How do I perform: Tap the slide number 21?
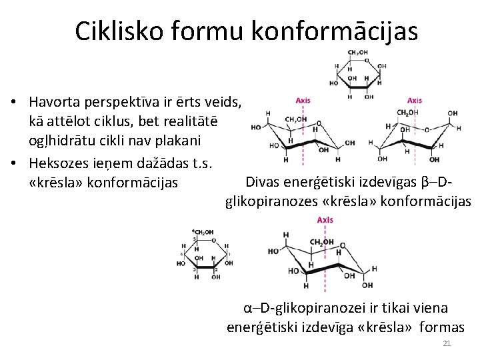447,343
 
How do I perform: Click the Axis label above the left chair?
303,101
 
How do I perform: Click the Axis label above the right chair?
414,101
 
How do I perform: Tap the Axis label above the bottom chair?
325,220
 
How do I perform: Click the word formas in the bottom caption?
443,327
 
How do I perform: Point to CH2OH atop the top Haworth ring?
359,53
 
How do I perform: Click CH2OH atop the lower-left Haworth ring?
203,232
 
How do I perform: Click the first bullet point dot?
15,103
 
